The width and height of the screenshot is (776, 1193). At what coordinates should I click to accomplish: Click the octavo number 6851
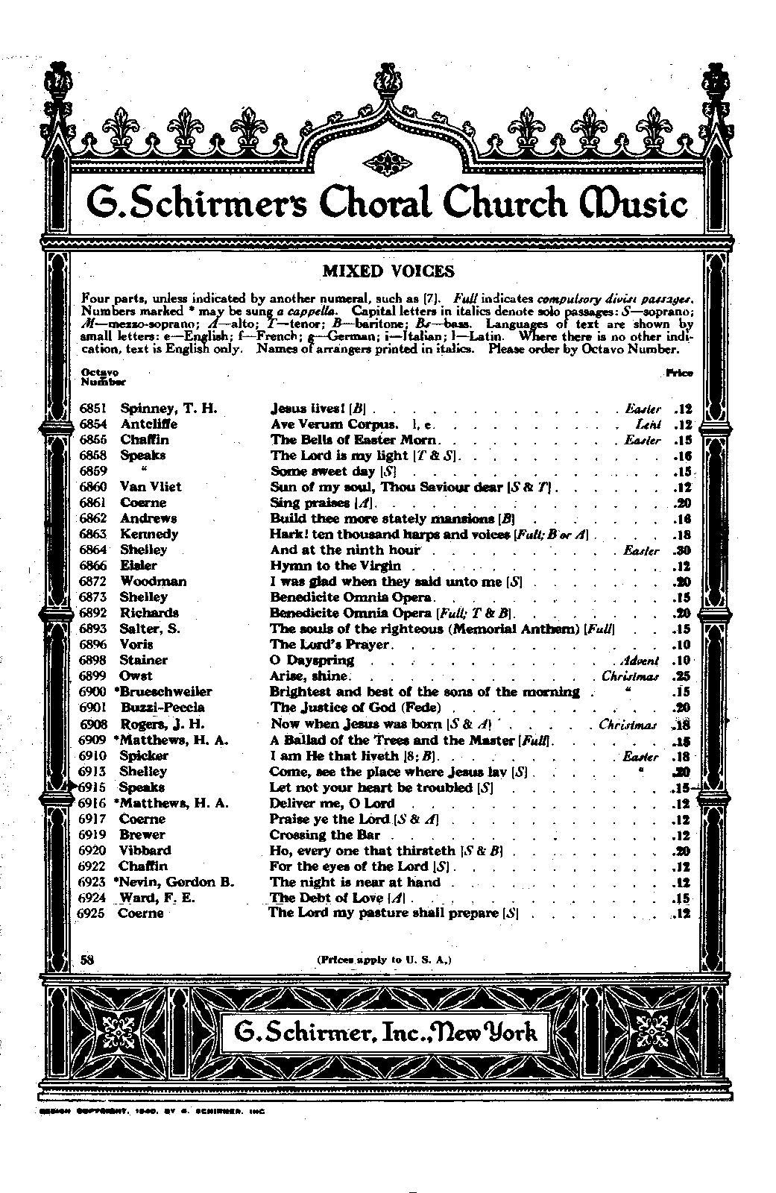pyautogui.click(x=94, y=409)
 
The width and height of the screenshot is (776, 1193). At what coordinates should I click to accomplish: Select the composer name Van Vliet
pyautogui.click(x=151, y=487)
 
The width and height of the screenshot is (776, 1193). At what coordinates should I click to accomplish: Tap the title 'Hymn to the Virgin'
pyautogui.click(x=335, y=566)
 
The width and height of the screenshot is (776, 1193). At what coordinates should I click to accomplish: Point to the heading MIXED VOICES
pyautogui.click(x=388, y=271)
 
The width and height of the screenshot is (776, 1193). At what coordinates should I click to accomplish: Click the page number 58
pyautogui.click(x=86, y=960)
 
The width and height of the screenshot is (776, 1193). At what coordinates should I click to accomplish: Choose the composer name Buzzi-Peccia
pyautogui.click(x=163, y=708)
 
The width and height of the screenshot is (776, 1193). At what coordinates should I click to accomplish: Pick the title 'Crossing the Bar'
pyautogui.click(x=324, y=835)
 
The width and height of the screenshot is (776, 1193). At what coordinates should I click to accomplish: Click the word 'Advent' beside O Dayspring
pyautogui.click(x=640, y=661)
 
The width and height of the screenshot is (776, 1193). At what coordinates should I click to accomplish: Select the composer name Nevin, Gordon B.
pyautogui.click(x=177, y=882)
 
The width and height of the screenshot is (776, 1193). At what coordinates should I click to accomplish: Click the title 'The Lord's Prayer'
pyautogui.click(x=329, y=644)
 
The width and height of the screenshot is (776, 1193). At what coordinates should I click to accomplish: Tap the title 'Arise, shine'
pyautogui.click(x=309, y=676)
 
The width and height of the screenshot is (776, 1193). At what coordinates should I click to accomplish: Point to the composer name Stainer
pyautogui.click(x=143, y=661)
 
